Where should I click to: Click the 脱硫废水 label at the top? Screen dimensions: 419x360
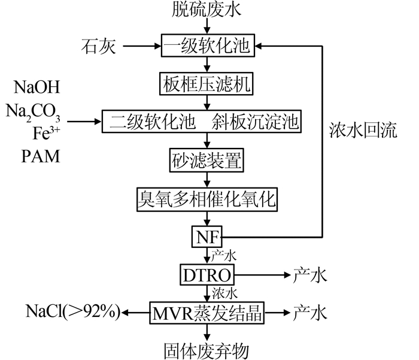coord(207,9)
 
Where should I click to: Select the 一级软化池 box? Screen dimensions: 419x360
coord(208,46)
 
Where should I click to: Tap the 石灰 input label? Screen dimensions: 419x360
coord(99,46)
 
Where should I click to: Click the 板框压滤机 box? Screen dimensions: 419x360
coord(207,84)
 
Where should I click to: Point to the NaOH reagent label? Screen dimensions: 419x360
coord(37,87)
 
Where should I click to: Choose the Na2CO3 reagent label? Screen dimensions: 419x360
coord(33,112)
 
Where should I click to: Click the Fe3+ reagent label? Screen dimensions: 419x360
coord(47,133)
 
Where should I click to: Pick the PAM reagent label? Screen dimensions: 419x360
coord(41,156)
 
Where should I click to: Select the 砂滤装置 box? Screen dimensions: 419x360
coord(207,160)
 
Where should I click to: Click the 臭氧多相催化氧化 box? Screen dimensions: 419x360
coord(207,199)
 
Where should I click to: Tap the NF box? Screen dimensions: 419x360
coord(207,237)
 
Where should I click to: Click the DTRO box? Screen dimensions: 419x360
coord(207,275)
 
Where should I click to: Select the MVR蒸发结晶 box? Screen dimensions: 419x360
coord(207,313)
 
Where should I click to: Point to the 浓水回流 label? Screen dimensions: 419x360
coord(363,131)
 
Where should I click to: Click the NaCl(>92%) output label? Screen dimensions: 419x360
coord(73,312)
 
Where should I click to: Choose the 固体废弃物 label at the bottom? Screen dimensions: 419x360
coord(207,351)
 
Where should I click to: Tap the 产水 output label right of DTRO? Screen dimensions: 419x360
coord(310,275)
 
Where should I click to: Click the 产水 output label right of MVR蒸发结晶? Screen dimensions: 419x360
coord(310,313)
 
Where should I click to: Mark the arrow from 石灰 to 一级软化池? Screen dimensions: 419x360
coord(142,46)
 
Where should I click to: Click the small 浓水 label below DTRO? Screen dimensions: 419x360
coord(224,294)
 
